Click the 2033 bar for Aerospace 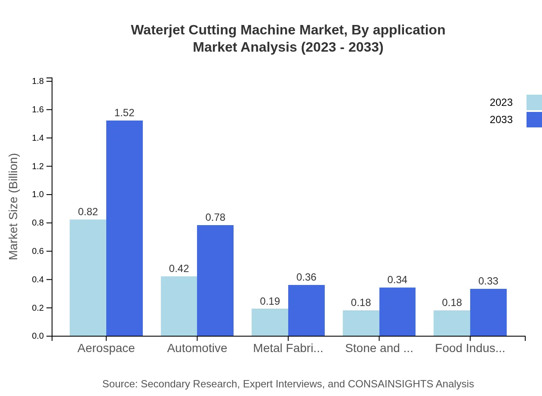pyautogui.click(x=124, y=228)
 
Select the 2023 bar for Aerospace pyautogui.click(x=88, y=278)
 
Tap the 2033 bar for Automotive pyautogui.click(x=215, y=280)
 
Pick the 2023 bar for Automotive pyautogui.click(x=179, y=306)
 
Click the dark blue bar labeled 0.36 pyautogui.click(x=306, y=310)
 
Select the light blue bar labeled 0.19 pyautogui.click(x=270, y=322)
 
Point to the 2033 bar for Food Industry pyautogui.click(x=488, y=312)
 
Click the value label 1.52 pyautogui.click(x=124, y=113)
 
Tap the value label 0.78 pyautogui.click(x=215, y=217)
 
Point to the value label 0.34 pyautogui.click(x=397, y=280)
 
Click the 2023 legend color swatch pyautogui.click(x=534, y=102)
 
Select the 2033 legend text pyautogui.click(x=501, y=120)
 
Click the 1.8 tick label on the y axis pyautogui.click(x=38, y=81)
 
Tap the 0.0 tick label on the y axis pyautogui.click(x=38, y=336)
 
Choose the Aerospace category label pyautogui.click(x=106, y=348)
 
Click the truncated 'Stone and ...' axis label pyautogui.click(x=379, y=348)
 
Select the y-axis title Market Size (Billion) pyautogui.click(x=14, y=207)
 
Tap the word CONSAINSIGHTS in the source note pyautogui.click(x=390, y=384)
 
